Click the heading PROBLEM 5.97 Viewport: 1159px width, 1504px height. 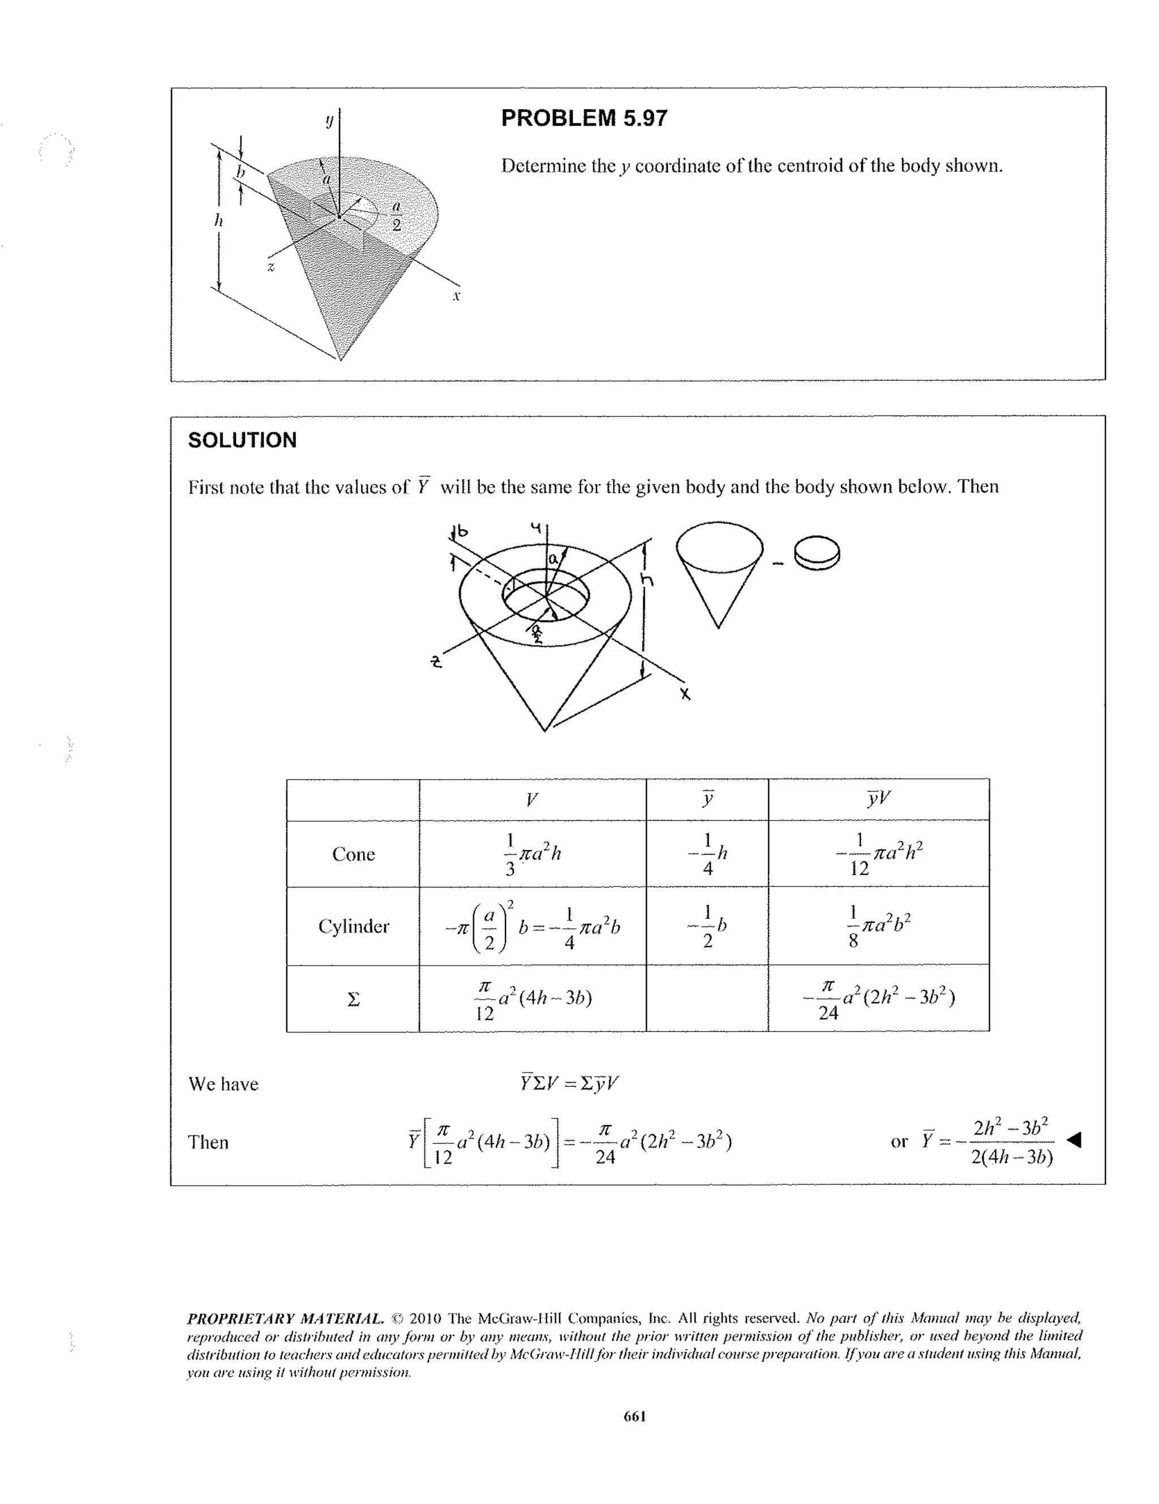[x=583, y=118]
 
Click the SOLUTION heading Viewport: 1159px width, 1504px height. [x=242, y=440]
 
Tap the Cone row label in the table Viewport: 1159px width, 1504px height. [x=353, y=854]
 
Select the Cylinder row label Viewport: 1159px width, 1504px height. [x=353, y=926]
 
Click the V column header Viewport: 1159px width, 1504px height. [x=531, y=800]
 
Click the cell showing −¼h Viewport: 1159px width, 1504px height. [x=707, y=854]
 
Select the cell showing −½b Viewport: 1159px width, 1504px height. [x=707, y=926]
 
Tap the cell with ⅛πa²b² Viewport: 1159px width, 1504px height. [x=879, y=926]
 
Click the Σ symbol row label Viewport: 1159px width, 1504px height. [x=353, y=999]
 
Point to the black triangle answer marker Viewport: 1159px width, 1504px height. [x=1074, y=1140]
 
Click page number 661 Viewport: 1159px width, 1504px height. [x=634, y=1416]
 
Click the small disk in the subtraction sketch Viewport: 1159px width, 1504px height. [x=817, y=552]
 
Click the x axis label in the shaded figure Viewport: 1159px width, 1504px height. [x=456, y=296]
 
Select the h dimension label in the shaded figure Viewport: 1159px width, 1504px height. [x=218, y=220]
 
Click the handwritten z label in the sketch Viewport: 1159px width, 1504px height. [x=435, y=663]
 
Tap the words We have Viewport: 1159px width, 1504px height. [x=223, y=1084]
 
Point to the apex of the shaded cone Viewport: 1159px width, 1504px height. [x=340, y=359]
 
